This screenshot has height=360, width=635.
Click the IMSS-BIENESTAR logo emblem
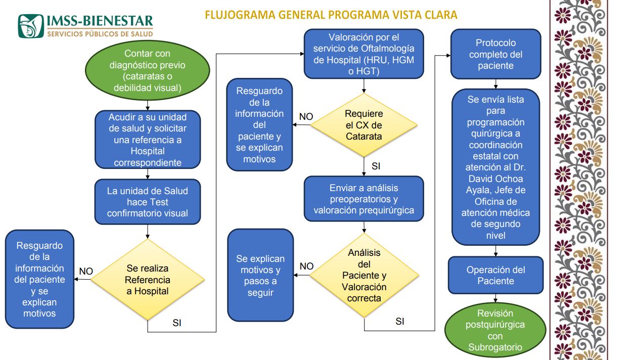[31, 26]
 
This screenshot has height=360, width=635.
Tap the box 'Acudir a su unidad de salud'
[148, 140]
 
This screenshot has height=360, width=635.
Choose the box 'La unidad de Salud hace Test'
[147, 202]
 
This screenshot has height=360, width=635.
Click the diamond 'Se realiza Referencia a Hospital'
[147, 280]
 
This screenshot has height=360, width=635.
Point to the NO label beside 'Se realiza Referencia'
[86, 272]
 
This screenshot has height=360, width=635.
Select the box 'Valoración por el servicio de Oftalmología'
[364, 55]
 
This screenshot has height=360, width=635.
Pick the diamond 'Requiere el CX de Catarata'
[364, 125]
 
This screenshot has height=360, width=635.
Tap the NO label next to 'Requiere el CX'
[306, 117]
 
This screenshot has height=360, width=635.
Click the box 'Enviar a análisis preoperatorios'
[364, 199]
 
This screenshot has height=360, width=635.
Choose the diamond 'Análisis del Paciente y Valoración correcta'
[364, 276]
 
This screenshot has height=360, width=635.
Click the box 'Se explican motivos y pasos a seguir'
[260, 275]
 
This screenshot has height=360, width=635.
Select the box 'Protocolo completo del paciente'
[495, 55]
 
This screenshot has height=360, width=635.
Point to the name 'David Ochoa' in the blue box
[495, 179]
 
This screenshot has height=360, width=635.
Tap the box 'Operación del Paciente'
[495, 276]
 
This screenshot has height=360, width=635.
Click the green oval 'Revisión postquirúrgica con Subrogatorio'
[495, 330]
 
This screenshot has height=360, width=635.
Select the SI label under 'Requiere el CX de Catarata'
[376, 166]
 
